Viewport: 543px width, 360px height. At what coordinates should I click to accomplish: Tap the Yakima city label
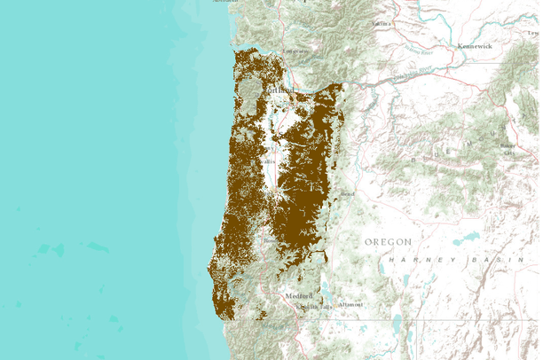[x=382, y=23]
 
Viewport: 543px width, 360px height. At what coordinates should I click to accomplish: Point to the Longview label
[x=287, y=52]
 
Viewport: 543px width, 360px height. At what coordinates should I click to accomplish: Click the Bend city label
[x=348, y=192]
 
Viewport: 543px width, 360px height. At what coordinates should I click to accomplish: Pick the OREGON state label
[x=389, y=241]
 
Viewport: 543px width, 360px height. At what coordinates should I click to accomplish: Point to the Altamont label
[x=350, y=304]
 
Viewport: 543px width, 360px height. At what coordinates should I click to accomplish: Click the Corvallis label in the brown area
[x=266, y=161]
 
